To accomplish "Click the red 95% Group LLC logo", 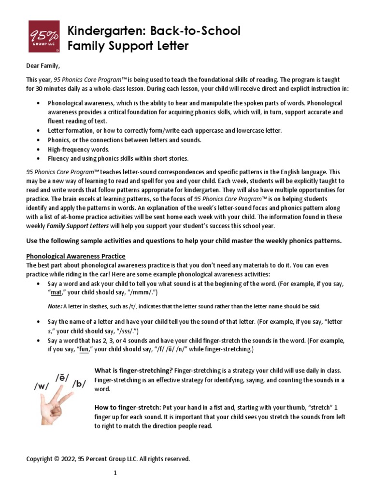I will (x=44, y=36).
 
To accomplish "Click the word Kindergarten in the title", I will (x=97, y=31).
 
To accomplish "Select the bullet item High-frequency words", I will (x=79, y=149).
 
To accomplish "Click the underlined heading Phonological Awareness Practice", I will (x=76, y=256).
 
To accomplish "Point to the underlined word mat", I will (x=57, y=292).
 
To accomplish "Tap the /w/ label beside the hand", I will (x=42, y=386).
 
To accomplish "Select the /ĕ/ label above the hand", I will (x=62, y=377).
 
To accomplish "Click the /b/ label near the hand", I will (x=79, y=384).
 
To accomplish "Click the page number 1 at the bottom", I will (x=115, y=473).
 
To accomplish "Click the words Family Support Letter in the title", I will (x=128, y=46).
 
